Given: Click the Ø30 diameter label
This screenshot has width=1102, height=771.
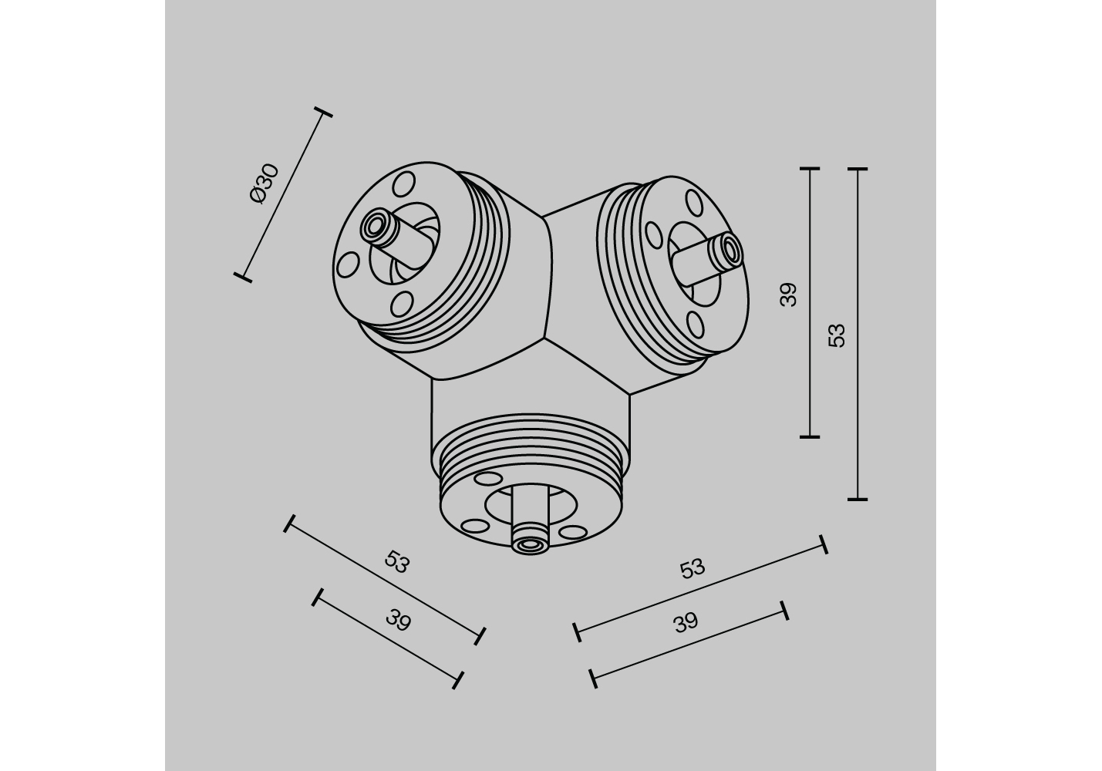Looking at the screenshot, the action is (x=265, y=183).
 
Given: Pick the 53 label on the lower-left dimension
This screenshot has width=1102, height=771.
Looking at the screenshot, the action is (x=397, y=562).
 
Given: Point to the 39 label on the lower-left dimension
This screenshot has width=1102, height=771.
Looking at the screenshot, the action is (x=398, y=620).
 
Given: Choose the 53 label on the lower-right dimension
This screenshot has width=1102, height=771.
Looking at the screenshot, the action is (x=693, y=569).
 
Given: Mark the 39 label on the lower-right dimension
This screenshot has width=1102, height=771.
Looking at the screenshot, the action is (x=686, y=623).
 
